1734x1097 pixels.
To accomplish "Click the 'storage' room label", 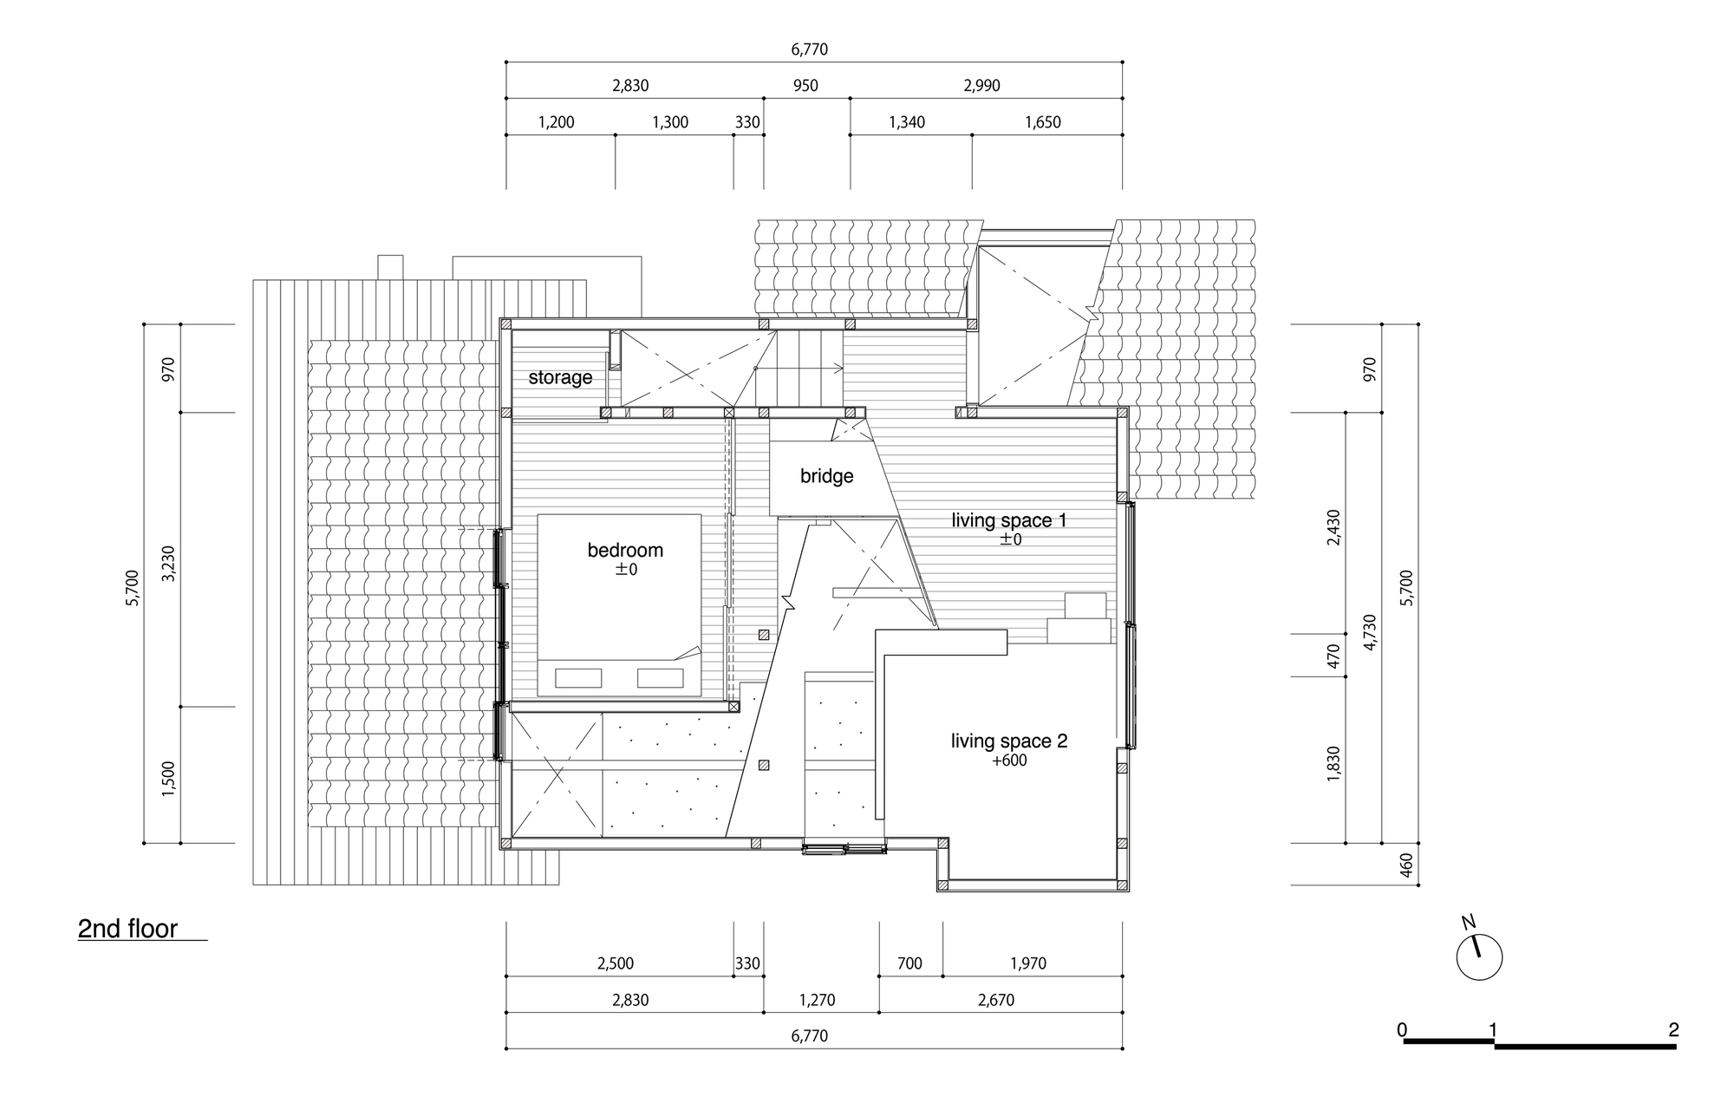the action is (560, 377).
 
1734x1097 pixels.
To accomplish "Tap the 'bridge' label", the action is (826, 476).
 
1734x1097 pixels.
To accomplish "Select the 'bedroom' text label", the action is (625, 550).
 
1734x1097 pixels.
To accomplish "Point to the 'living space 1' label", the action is (1009, 520).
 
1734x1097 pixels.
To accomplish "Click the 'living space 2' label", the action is (1009, 741).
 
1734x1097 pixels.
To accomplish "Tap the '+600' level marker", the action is (1009, 761).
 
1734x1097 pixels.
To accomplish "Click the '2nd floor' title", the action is (127, 929).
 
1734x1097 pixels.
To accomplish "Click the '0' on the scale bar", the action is (1402, 1030).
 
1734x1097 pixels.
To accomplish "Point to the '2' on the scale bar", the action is (1673, 1030).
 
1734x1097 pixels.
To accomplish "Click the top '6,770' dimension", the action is (809, 49).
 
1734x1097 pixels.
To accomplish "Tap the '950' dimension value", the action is (805, 86).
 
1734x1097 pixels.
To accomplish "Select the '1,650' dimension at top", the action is (1043, 122).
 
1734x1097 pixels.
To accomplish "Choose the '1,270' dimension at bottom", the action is (817, 1000).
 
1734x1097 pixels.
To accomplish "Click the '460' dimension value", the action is (1406, 865).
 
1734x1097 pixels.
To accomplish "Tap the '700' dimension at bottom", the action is (909, 963).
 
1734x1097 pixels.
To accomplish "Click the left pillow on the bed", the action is (578, 678).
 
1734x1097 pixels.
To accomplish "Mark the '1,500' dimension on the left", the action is (168, 778).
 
